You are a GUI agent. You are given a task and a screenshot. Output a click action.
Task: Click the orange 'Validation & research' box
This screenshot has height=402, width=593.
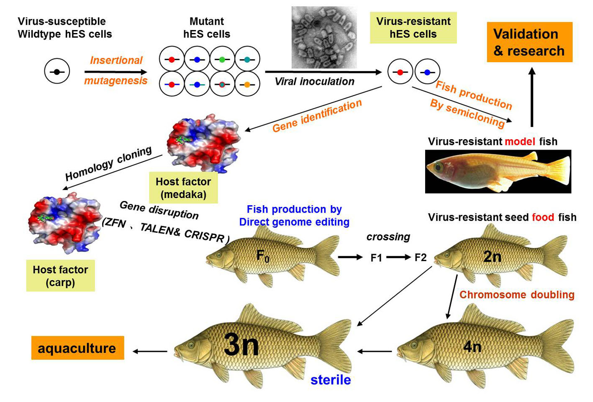click(529, 42)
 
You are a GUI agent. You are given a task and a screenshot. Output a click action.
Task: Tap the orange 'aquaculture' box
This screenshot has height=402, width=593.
click(77, 348)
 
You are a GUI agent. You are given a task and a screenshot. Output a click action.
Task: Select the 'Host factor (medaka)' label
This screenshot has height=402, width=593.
click(183, 188)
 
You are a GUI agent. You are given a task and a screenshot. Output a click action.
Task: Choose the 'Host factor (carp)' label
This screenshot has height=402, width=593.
click(60, 276)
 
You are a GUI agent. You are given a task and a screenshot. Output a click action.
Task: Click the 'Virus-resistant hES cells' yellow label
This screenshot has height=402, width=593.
click(413, 28)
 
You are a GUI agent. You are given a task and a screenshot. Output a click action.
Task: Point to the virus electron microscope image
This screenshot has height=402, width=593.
click(323, 37)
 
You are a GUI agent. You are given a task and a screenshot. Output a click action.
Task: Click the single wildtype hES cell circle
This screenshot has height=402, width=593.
click(57, 72)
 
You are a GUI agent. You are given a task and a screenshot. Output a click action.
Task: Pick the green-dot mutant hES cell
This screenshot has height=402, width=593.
click(222, 59)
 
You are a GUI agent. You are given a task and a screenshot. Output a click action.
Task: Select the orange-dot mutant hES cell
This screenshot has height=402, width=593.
click(247, 84)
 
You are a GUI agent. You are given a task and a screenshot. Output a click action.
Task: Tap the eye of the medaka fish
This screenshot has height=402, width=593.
click(438, 168)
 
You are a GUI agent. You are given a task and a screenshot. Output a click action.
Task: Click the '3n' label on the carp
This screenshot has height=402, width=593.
click(241, 345)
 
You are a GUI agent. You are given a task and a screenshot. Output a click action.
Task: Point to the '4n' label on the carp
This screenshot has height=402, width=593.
click(472, 346)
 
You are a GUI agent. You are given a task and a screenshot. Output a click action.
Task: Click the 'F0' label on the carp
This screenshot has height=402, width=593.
click(263, 255)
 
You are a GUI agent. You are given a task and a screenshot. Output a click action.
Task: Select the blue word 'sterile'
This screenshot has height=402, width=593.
click(331, 380)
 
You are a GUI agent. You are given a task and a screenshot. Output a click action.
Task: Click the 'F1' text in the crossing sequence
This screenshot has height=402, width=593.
click(376, 258)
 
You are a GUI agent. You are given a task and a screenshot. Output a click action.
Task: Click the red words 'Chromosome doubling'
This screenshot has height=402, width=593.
click(517, 295)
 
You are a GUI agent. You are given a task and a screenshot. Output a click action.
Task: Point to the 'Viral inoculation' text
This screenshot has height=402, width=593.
click(314, 81)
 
